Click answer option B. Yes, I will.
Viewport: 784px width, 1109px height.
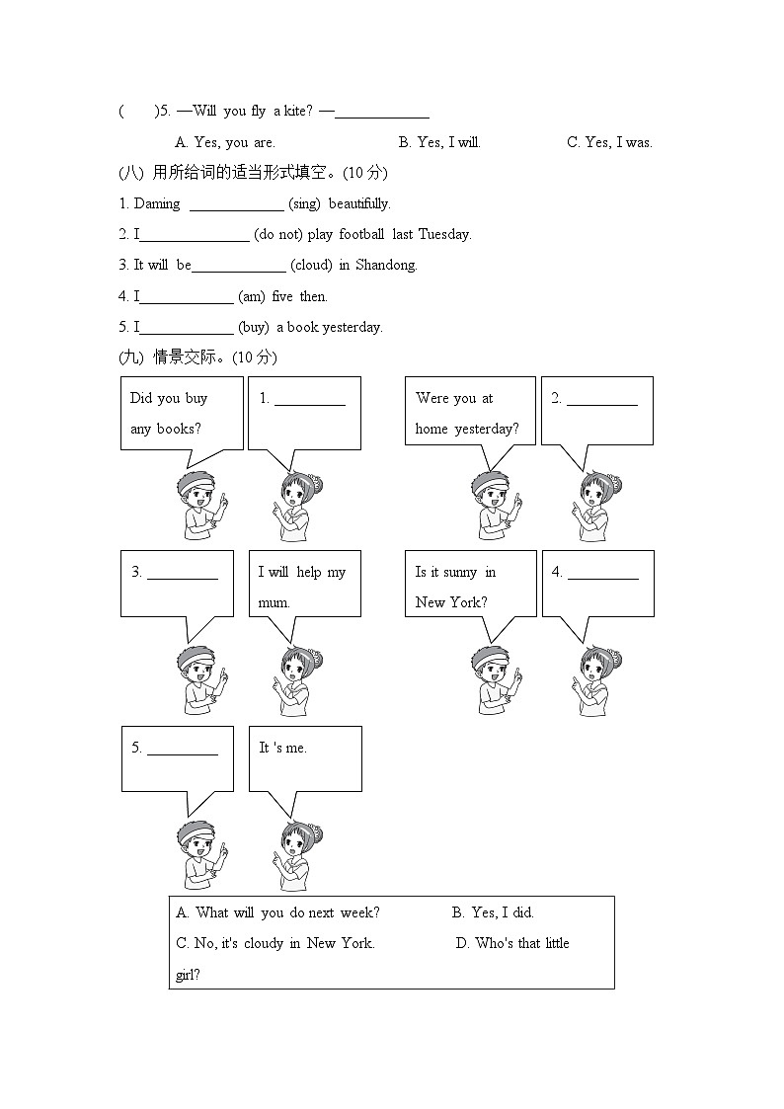pyautogui.click(x=439, y=142)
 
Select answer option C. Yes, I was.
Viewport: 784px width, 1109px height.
pyautogui.click(x=609, y=142)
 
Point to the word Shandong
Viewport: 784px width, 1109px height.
pyautogui.click(x=386, y=265)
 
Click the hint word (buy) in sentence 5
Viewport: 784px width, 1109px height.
pyautogui.click(x=254, y=327)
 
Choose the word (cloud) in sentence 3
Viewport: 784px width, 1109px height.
pyautogui.click(x=311, y=265)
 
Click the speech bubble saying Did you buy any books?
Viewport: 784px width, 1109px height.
pyautogui.click(x=181, y=413)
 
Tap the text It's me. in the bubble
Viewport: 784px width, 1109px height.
pyautogui.click(x=283, y=748)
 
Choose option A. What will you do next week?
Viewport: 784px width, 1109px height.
pyautogui.click(x=277, y=912)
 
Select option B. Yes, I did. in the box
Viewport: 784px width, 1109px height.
pyautogui.click(x=493, y=912)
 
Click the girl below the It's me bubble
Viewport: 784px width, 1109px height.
pyautogui.click(x=297, y=855)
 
